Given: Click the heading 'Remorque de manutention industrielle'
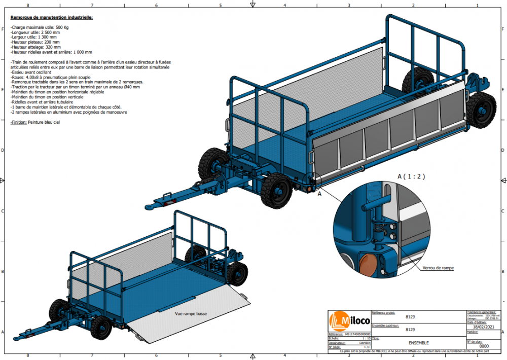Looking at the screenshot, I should pos(52,17).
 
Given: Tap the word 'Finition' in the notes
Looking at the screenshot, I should pos(18,122).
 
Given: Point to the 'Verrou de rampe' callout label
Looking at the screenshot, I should pos(438,267).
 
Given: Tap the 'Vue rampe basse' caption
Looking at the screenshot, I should pos(191,314).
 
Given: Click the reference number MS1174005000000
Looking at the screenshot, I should pos(357,334).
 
